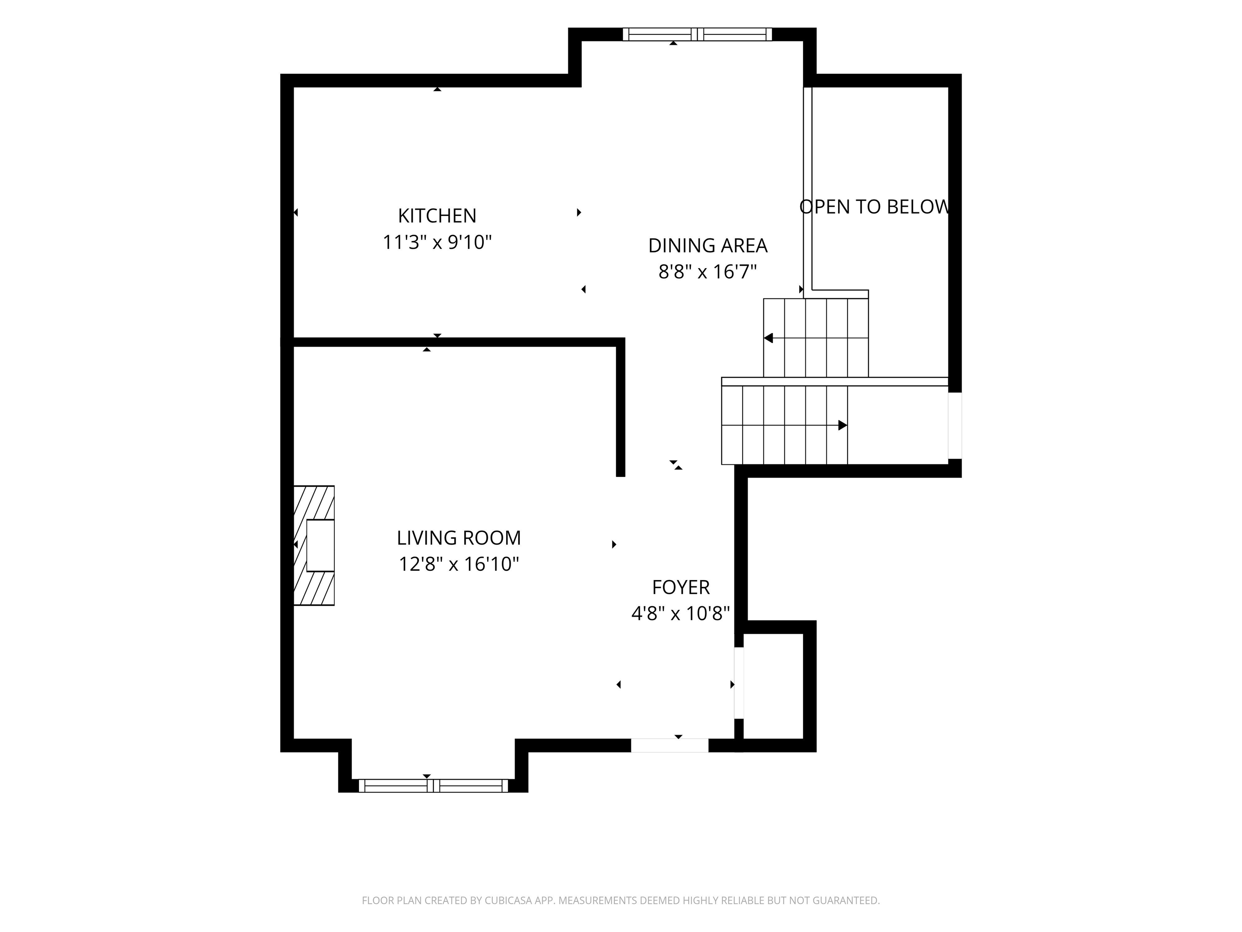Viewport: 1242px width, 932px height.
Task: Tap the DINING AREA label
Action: coord(708,246)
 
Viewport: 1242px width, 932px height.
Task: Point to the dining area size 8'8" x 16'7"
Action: coord(708,272)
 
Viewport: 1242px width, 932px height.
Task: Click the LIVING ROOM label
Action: coord(459,538)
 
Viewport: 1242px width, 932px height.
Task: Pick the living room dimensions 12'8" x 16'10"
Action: coord(459,564)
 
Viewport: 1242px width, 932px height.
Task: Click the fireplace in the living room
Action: coord(314,546)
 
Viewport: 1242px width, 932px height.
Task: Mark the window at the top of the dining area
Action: coord(697,34)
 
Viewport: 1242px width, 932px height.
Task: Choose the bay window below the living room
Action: coord(433,786)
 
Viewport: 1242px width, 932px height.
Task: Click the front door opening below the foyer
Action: coord(670,745)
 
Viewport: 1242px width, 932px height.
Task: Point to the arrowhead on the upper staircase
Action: coord(769,338)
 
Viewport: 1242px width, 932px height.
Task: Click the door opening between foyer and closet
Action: coord(739,683)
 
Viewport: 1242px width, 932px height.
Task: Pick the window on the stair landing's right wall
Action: coord(955,425)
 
